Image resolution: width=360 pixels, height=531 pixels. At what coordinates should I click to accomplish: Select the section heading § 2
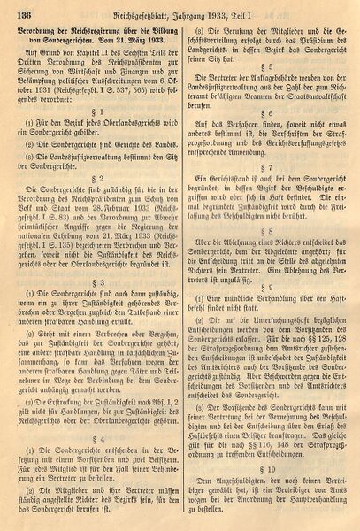103,200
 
